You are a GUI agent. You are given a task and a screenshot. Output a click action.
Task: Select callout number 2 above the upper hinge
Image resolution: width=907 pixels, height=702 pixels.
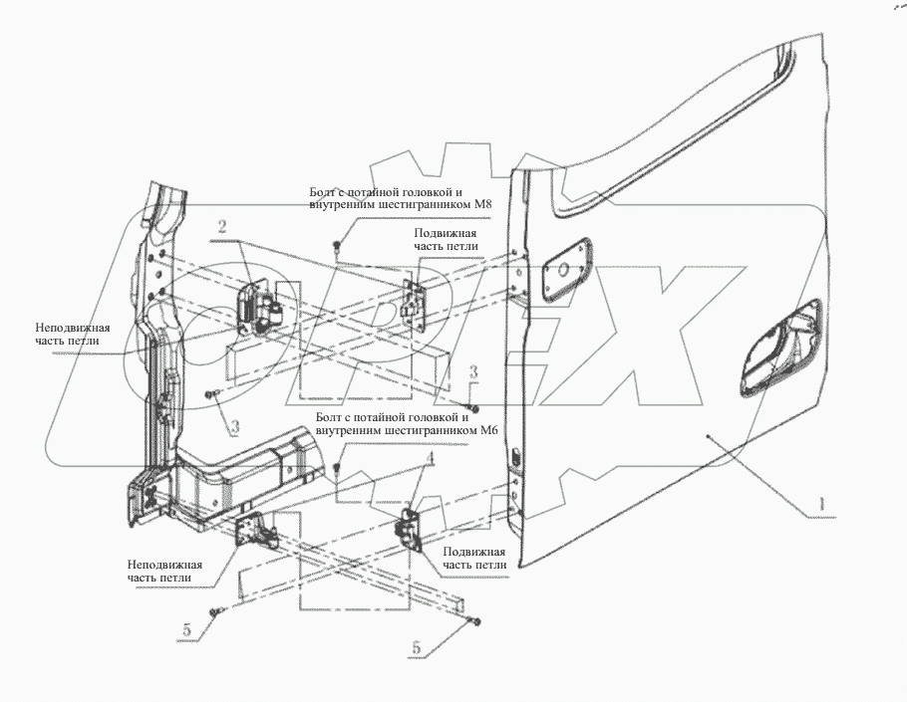click(x=222, y=226)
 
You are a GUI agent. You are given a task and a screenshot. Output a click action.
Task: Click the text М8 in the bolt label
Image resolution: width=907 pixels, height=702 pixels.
click(x=480, y=204)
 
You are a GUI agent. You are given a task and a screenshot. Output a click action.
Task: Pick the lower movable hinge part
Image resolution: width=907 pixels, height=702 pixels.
click(x=409, y=527)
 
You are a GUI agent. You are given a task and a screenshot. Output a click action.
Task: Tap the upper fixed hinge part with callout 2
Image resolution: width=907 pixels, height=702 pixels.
click(x=259, y=308)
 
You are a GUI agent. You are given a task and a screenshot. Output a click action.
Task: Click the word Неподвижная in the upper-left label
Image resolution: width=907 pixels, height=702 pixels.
click(x=73, y=328)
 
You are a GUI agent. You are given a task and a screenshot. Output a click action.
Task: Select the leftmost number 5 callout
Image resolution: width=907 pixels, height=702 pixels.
click(x=186, y=630)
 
